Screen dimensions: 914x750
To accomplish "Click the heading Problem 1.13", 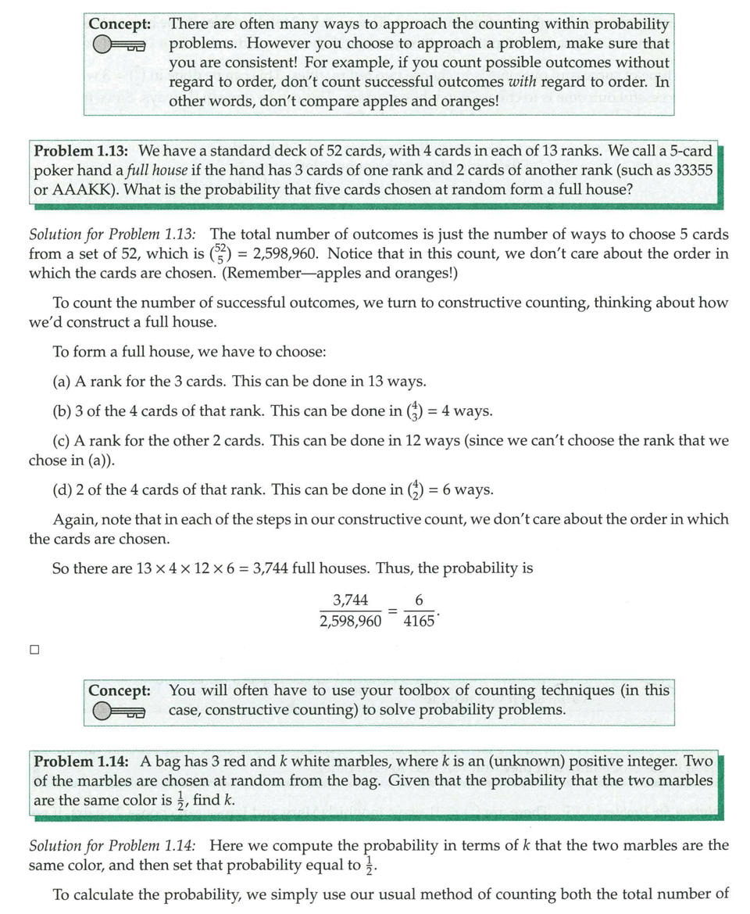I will pyautogui.click(x=82, y=150).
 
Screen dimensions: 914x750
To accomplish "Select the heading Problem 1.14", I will pyautogui.click(x=82, y=761).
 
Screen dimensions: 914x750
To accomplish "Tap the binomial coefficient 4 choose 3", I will pyautogui.click(x=420, y=410).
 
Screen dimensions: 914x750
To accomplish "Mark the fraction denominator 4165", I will pyautogui.click(x=420, y=622).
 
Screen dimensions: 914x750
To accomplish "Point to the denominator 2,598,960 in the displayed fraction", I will pyautogui.click(x=351, y=622).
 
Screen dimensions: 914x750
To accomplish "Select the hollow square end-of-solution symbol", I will pyautogui.click(x=34, y=649).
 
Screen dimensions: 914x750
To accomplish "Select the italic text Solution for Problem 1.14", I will pyautogui.click(x=112, y=846).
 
